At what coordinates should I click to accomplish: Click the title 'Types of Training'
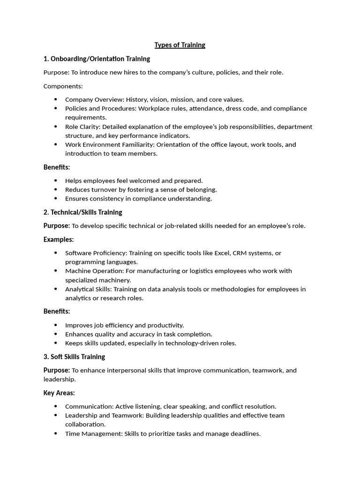pyautogui.click(x=180, y=45)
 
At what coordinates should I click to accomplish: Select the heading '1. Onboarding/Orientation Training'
pyautogui.click(x=97, y=59)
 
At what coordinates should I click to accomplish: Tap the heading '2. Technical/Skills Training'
pyautogui.click(x=82, y=212)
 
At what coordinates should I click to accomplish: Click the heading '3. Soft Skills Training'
pyautogui.click(x=74, y=357)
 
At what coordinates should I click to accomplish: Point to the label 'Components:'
pyautogui.click(x=63, y=86)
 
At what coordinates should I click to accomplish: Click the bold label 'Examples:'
pyautogui.click(x=59, y=240)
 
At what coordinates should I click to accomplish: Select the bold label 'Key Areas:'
pyautogui.click(x=59, y=393)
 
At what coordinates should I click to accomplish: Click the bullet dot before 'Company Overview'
pyautogui.click(x=56, y=99)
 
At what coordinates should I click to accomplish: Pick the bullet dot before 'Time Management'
pyautogui.click(x=56, y=434)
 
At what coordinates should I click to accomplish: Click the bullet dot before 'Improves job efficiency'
pyautogui.click(x=56, y=325)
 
